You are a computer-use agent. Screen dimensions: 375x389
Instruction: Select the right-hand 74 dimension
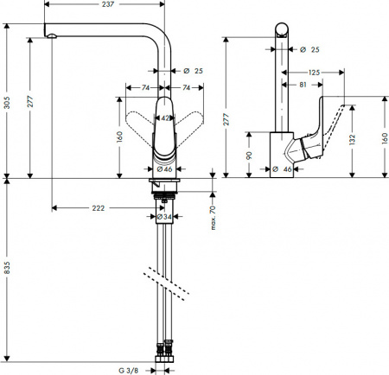click(x=187, y=87)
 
